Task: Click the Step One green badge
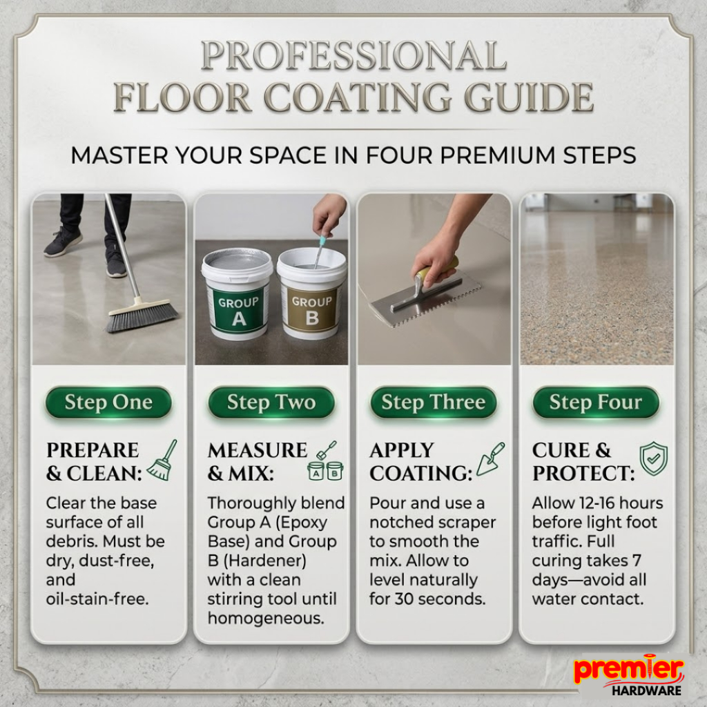(x=108, y=403)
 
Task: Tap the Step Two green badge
(x=271, y=403)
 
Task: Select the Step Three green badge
(x=434, y=403)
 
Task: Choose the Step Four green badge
(x=596, y=403)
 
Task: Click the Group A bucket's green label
(x=238, y=310)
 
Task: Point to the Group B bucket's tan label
(x=311, y=310)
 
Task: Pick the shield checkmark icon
(x=654, y=459)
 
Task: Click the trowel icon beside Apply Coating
(x=490, y=459)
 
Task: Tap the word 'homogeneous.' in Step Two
(x=266, y=618)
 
